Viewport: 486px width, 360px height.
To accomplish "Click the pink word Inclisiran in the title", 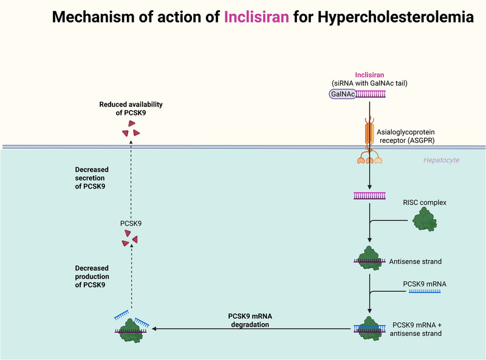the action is (x=256, y=17).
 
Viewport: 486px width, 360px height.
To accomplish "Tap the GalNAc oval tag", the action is (x=343, y=94).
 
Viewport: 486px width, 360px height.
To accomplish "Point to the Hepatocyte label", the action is (x=442, y=160).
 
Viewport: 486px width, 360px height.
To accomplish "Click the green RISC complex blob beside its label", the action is (x=424, y=220).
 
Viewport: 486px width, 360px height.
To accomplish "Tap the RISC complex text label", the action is (x=425, y=202).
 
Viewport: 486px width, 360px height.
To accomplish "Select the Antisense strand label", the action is (x=416, y=261).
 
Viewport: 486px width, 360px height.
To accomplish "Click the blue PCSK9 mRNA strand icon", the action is (x=425, y=291).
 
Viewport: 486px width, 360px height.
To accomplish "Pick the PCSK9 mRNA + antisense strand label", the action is (x=416, y=329).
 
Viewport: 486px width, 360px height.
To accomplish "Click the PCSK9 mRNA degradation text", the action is (x=250, y=320).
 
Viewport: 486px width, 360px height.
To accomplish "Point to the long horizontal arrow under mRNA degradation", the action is (x=251, y=328).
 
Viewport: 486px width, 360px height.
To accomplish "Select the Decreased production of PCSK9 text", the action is (x=92, y=277).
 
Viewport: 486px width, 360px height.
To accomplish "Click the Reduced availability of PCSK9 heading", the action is (x=131, y=109).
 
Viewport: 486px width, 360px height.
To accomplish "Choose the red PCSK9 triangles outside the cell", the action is (x=131, y=128).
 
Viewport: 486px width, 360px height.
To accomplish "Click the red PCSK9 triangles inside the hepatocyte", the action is (x=130, y=238).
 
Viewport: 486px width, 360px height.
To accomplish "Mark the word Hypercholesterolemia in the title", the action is (x=396, y=17).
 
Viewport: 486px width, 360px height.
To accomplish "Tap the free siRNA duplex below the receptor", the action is (x=369, y=196).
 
